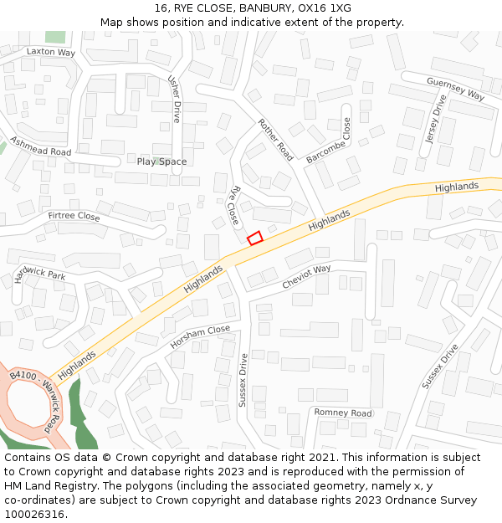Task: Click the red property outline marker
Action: (x=255, y=238)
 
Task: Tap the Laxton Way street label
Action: (x=50, y=52)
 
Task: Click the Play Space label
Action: (x=161, y=162)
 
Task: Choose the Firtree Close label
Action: (x=74, y=217)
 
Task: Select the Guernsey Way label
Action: (x=455, y=88)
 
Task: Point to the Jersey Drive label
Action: (x=436, y=119)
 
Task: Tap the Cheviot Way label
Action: (x=306, y=277)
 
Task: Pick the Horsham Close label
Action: (x=200, y=336)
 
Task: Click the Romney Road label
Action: (x=343, y=413)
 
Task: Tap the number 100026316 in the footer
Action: (x=33, y=515)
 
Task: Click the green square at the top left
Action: (x=55, y=37)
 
